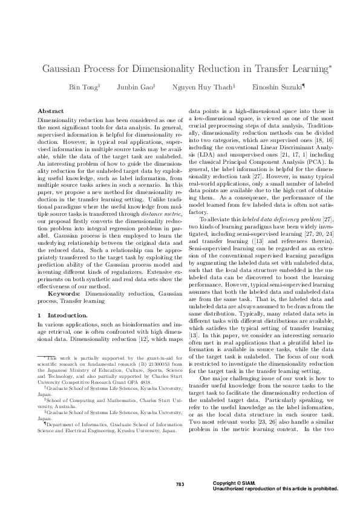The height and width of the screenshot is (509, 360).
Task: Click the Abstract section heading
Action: (51, 112)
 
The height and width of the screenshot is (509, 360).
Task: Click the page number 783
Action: (180, 484)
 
